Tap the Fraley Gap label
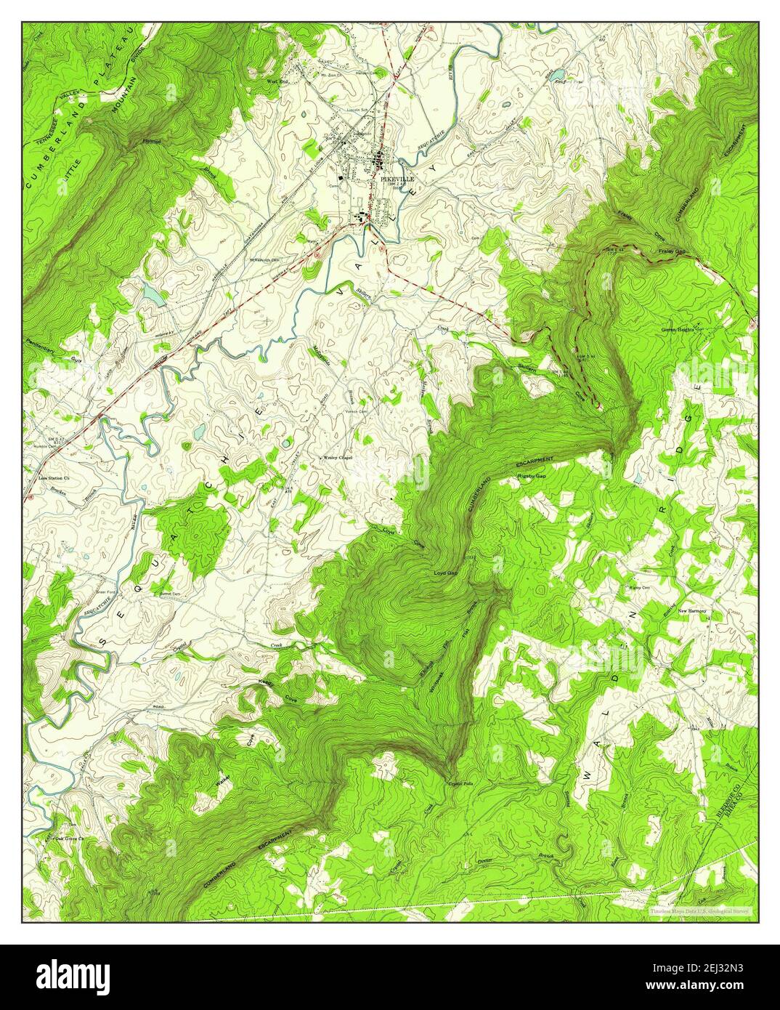tap(672, 251)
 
